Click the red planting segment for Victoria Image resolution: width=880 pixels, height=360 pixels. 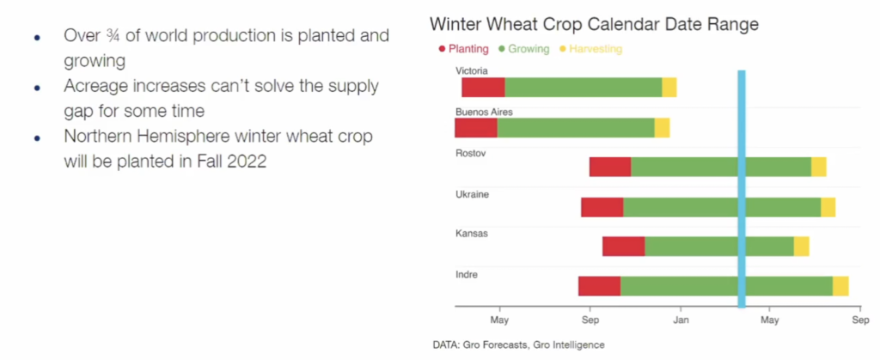pyautogui.click(x=483, y=88)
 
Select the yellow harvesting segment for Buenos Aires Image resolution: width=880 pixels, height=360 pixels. pyautogui.click(x=662, y=128)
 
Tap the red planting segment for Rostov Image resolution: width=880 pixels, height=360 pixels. pyautogui.click(x=610, y=167)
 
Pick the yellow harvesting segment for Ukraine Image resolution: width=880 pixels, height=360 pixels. pyautogui.click(x=828, y=207)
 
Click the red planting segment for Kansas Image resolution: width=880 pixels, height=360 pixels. pyautogui.click(x=623, y=246)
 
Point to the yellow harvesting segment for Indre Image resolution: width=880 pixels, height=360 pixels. pyautogui.click(x=840, y=286)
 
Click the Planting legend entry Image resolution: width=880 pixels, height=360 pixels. pyautogui.click(x=463, y=49)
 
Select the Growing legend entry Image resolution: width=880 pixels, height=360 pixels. pyautogui.click(x=522, y=49)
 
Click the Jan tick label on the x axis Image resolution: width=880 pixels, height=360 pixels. pyautogui.click(x=681, y=321)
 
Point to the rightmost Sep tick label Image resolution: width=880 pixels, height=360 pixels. pyautogui.click(x=860, y=321)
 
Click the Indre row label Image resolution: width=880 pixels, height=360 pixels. pyautogui.click(x=467, y=274)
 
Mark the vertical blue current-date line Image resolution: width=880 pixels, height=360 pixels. pyautogui.click(x=742, y=189)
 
